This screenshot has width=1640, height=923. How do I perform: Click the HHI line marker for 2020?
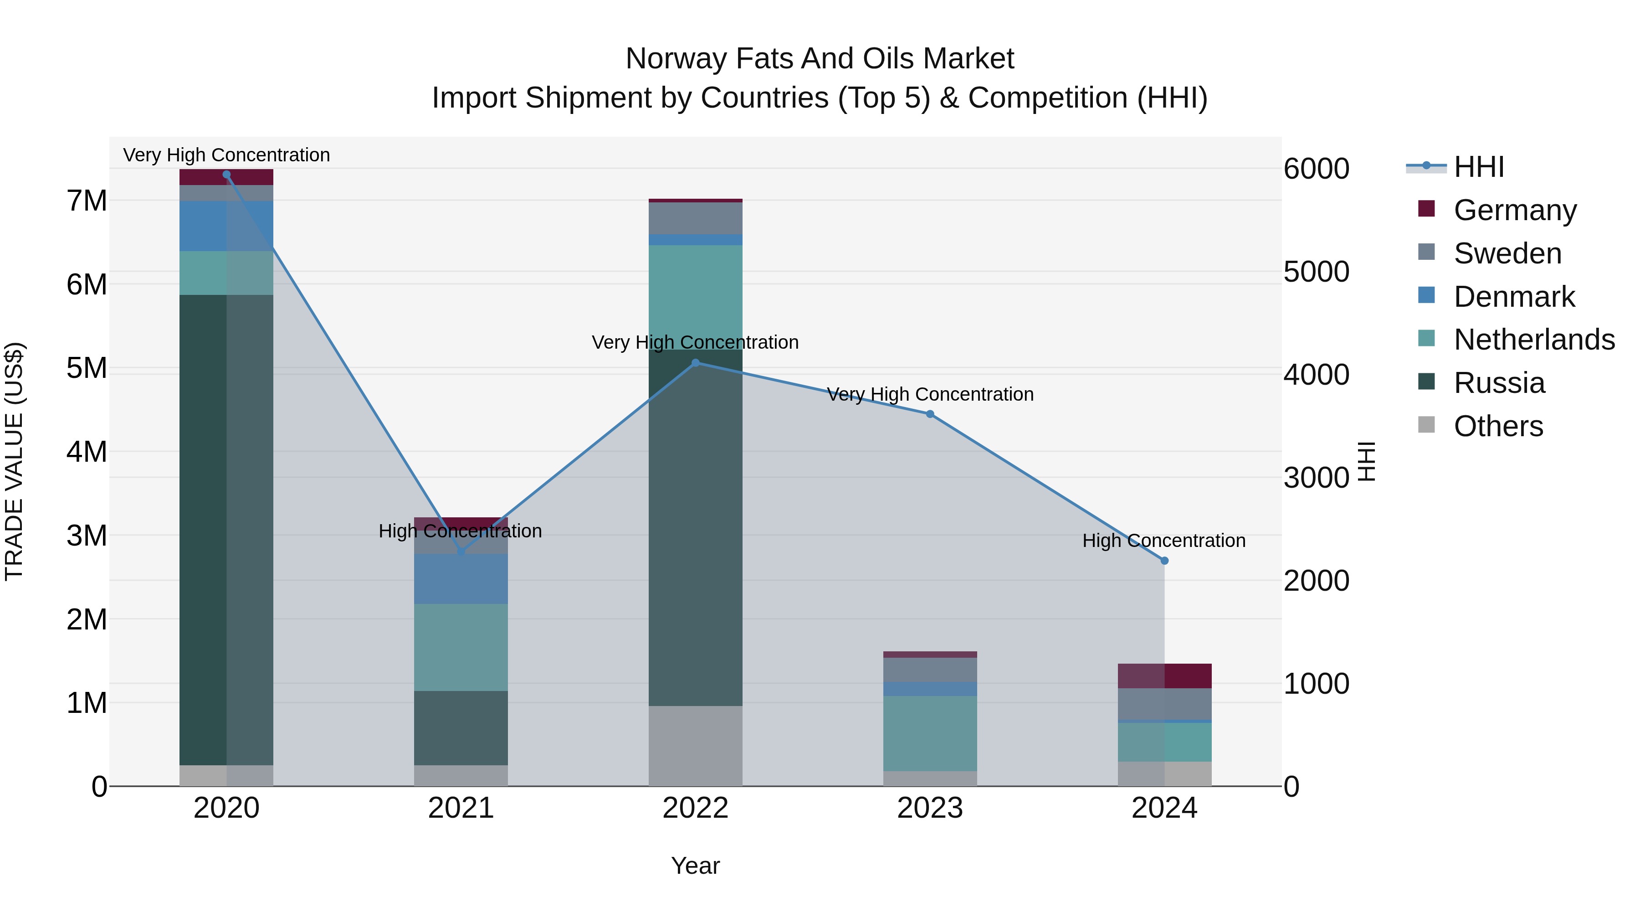[227, 175]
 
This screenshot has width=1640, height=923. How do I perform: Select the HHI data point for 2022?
[695, 363]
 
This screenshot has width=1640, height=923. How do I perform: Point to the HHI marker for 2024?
[1164, 561]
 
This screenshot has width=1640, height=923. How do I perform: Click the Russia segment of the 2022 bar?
[695, 529]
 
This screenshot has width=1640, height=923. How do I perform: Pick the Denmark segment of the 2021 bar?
[461, 578]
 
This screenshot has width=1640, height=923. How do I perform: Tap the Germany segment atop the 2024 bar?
[1164, 676]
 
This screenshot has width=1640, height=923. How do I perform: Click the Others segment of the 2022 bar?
[695, 745]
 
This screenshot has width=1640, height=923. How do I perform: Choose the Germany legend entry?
[1515, 210]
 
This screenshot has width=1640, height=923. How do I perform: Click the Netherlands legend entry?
[1534, 340]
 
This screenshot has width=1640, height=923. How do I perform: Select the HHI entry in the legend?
[1478, 167]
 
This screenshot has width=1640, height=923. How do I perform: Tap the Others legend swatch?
[1427, 425]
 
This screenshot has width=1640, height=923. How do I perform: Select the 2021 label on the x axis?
[461, 808]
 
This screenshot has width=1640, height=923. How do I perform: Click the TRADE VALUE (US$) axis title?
[14, 461]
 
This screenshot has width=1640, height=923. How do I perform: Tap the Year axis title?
[695, 866]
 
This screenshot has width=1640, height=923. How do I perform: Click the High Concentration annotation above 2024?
[1164, 541]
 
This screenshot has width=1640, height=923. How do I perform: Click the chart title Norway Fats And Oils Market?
[820, 59]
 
